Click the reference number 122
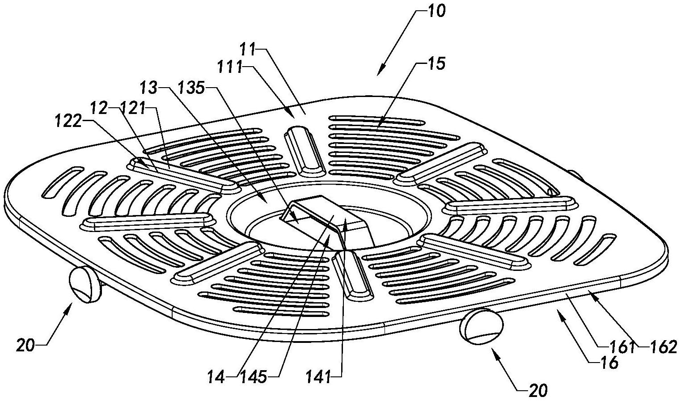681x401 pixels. tap(68, 122)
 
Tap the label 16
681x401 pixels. tap(609, 363)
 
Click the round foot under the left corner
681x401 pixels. tap(85, 284)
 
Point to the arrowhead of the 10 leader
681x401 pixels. tap(379, 73)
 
